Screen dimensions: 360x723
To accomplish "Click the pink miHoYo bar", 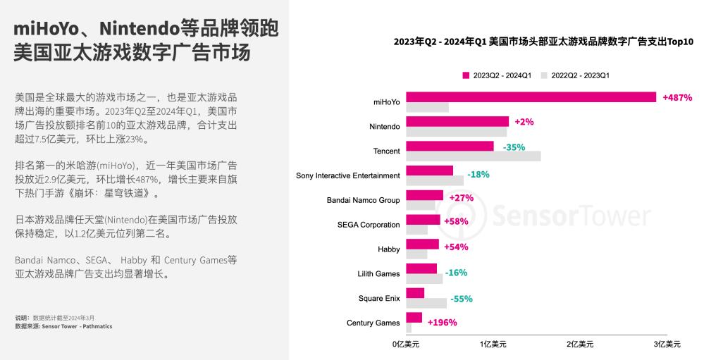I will click(x=531, y=97).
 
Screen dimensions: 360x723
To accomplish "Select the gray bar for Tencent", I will click(x=474, y=156).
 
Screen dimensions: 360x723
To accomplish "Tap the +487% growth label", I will click(x=677, y=97).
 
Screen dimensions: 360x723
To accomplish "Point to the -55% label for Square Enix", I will click(x=462, y=299).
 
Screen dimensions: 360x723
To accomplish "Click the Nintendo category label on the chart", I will click(x=385, y=127).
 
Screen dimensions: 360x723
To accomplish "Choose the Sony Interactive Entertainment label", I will click(x=348, y=175).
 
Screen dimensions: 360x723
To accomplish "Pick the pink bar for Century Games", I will click(x=414, y=318).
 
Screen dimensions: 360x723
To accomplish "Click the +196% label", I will click(x=442, y=323).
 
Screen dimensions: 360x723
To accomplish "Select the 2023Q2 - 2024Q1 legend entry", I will click(x=497, y=75).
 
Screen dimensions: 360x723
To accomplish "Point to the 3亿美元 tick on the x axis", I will click(x=667, y=345).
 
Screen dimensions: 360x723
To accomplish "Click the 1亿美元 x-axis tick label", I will click(x=493, y=345).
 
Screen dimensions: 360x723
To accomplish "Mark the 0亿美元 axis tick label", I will click(x=406, y=345).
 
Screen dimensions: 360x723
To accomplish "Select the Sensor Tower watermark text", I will click(x=570, y=215).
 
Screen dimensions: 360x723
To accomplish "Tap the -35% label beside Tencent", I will click(x=514, y=147).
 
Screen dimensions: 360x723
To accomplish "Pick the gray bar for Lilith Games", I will click(x=425, y=279).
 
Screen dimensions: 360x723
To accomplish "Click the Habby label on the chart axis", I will click(x=389, y=249).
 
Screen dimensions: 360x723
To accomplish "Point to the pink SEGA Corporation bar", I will click(x=423, y=220).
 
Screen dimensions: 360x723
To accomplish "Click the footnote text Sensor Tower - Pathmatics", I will click(x=77, y=326).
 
